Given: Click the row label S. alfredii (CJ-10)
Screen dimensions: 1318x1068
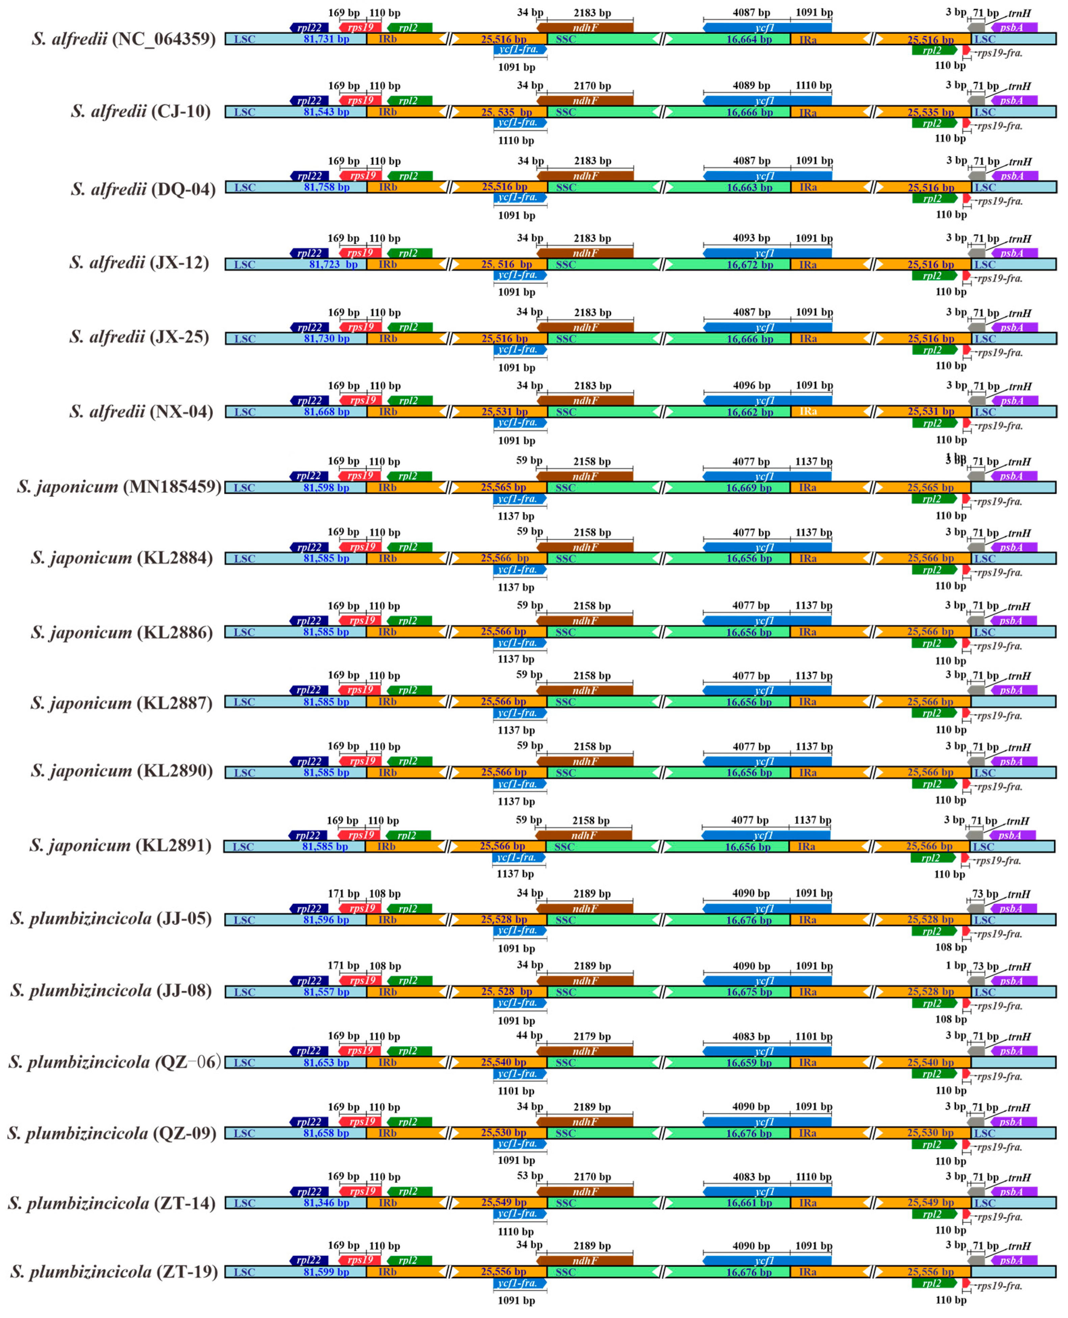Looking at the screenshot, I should (x=140, y=111).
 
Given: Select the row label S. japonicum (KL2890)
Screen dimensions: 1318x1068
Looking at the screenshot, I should (x=122, y=771).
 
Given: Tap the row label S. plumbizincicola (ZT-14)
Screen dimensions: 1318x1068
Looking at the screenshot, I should (x=112, y=1203).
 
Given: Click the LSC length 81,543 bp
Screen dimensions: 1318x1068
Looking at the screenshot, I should (x=326, y=112).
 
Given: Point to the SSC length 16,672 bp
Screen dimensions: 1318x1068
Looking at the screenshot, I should (x=749, y=265).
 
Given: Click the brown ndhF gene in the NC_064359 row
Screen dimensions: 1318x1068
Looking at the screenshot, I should (x=585, y=27).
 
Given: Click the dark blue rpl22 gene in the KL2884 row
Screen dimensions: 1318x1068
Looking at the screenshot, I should (x=310, y=547).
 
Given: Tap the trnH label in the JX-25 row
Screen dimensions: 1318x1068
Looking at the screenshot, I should (x=1019, y=313).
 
